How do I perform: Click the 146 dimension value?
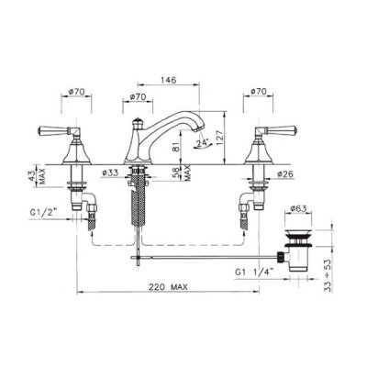click(x=169, y=80)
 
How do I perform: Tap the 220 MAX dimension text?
click(x=168, y=287)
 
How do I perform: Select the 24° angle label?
click(x=203, y=143)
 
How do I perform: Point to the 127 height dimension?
click(x=219, y=135)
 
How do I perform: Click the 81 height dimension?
click(x=175, y=148)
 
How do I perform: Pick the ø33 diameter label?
click(x=110, y=172)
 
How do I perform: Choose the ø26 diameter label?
click(x=285, y=174)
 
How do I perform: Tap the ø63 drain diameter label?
click(x=298, y=208)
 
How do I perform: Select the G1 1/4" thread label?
click(x=254, y=272)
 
